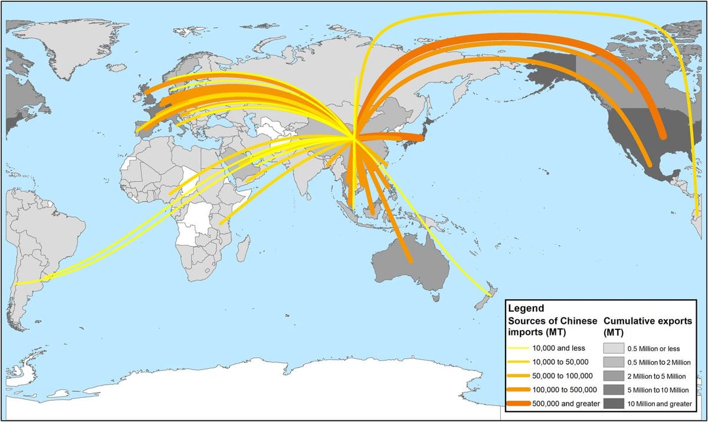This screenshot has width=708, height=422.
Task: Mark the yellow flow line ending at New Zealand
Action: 489,293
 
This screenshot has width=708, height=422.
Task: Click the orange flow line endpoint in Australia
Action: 409,260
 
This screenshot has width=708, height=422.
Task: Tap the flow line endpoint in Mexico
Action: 650,165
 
